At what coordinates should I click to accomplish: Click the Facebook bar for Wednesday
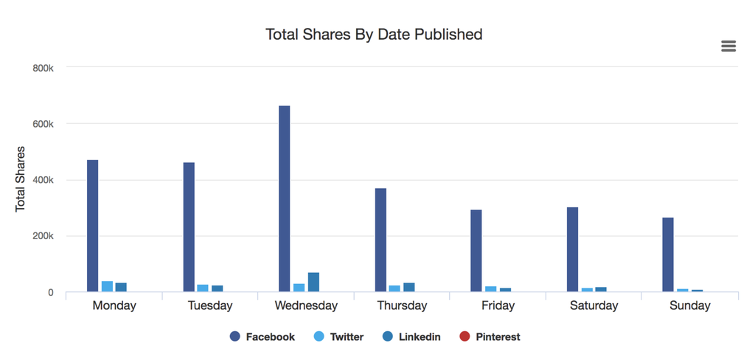285,199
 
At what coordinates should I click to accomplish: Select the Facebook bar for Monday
93,226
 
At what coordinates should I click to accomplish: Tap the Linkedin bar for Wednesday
313,283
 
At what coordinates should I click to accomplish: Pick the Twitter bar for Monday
107,286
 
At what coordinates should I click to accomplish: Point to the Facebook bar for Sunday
668,255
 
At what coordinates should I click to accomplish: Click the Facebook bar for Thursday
380,240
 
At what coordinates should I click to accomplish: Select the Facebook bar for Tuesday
189,227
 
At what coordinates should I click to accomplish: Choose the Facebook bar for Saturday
572,249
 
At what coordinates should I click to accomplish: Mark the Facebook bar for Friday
476,251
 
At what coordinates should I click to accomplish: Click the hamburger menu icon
728,46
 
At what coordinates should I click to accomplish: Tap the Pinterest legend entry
490,337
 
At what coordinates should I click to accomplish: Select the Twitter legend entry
338,337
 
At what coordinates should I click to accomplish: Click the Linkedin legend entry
411,337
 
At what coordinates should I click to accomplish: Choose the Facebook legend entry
262,337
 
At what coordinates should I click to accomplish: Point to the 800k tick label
44,68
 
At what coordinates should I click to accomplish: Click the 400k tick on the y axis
44,180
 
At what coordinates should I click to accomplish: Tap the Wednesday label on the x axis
306,305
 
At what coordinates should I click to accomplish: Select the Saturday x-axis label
594,305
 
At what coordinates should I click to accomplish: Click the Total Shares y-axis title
21,179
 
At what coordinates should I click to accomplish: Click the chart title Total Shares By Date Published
374,34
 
